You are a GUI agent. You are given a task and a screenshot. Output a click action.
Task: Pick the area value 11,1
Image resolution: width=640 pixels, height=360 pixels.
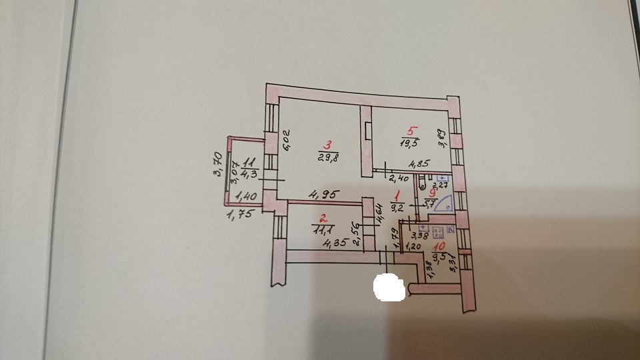(323, 229)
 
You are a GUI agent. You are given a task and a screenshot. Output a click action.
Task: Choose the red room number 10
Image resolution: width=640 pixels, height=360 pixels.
(441, 248)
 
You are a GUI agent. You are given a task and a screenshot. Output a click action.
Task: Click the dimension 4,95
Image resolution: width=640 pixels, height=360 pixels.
(323, 195)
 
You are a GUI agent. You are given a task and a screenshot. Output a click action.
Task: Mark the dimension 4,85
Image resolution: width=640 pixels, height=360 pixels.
(419, 164)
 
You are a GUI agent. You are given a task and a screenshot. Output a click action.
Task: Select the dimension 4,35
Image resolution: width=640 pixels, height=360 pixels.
(335, 244)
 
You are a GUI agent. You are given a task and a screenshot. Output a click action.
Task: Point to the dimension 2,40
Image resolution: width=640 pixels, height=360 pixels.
(397, 178)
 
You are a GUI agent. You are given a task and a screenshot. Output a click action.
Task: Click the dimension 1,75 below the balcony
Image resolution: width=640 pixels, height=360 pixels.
(238, 215)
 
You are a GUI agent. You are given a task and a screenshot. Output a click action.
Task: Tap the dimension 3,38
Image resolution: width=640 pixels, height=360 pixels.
(421, 234)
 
